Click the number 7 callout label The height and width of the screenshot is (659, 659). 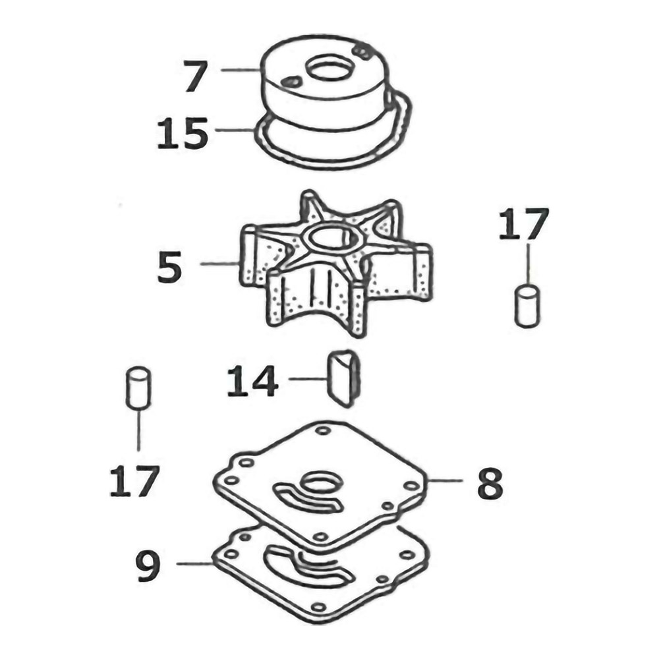pos(196,76)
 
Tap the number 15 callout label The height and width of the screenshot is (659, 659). pos(183,133)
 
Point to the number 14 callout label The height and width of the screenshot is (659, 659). pos(252,381)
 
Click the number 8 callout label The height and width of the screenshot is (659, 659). pos(490,483)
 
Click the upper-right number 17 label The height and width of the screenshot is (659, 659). pos(524,224)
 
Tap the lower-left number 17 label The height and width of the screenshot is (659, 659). pos(134,481)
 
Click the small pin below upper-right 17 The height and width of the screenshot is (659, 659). pos(527,306)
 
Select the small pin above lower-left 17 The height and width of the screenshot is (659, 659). pos(138,387)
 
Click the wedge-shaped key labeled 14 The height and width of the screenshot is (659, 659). pos(343,378)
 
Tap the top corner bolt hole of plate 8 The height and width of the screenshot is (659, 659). pos(323,430)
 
